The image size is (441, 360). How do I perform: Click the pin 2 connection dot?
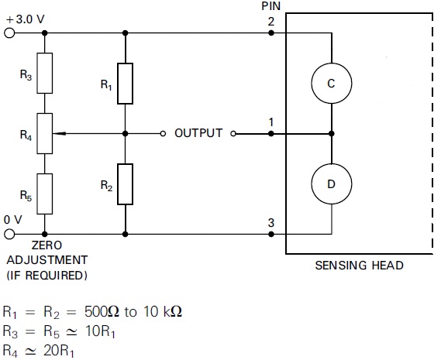(270, 33)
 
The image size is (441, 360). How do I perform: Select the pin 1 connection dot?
(270, 134)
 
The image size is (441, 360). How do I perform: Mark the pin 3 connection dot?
(270, 234)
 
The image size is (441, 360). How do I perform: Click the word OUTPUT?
(198, 133)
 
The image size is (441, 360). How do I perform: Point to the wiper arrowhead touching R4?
(53, 133)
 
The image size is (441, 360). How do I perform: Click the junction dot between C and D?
(332, 134)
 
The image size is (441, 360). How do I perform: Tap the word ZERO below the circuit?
(47, 245)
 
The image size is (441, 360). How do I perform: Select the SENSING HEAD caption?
(359, 266)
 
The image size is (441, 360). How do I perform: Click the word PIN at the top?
(271, 6)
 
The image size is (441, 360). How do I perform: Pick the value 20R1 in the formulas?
(59, 351)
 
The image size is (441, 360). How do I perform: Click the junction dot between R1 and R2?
(126, 134)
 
